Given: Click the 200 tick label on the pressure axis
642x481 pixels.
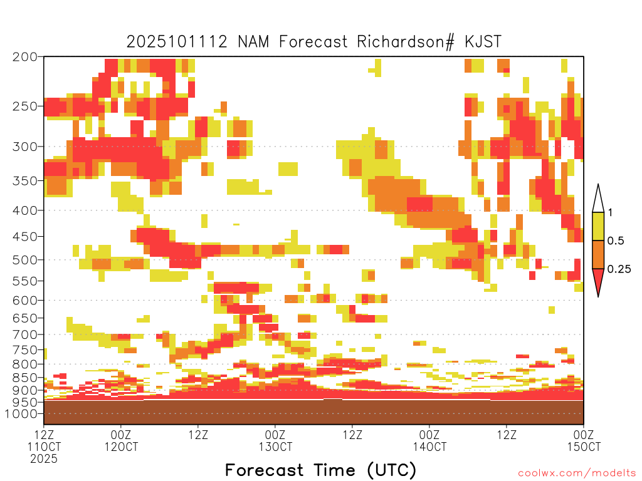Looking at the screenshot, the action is point(25,57).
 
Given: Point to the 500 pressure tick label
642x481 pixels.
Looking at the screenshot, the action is point(25,260).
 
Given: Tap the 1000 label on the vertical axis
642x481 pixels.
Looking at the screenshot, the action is point(21,413).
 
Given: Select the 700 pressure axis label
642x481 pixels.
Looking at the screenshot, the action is point(25,334).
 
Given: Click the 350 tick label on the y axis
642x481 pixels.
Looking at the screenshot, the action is point(25,181).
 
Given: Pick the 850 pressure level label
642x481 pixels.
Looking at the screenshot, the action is point(25,378).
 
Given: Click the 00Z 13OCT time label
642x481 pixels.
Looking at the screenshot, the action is point(275,440).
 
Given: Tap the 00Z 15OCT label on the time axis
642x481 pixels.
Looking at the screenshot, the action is point(584,440).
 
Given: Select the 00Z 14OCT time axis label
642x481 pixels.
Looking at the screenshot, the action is point(429,440).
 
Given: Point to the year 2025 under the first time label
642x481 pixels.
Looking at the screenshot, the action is point(44,458).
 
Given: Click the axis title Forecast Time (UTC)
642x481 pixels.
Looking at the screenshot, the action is point(320,470).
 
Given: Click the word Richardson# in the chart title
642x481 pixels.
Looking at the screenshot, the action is point(406,42).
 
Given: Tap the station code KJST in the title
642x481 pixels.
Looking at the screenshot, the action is point(483,42).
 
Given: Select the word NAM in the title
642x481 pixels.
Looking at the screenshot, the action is point(253,42).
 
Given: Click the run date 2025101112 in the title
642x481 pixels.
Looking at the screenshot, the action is point(177,42).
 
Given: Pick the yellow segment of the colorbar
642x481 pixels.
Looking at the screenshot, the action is point(598,226).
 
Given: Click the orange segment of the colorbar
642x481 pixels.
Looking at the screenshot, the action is point(598,254).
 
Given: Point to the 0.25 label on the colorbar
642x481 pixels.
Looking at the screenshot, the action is point(619,269).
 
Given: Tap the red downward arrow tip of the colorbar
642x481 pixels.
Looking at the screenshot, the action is point(598,296).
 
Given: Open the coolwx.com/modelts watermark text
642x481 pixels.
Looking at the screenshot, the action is point(577,473).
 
